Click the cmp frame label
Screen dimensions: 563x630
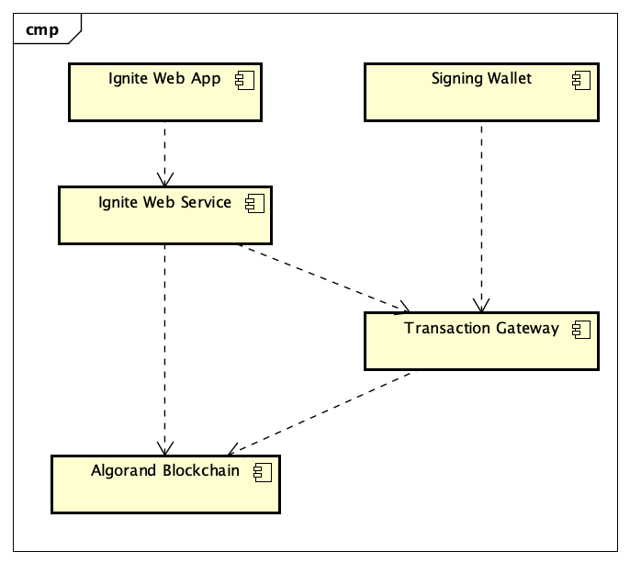click(42, 29)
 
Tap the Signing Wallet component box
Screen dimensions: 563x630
click(481, 92)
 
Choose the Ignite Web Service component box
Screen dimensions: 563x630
click(164, 215)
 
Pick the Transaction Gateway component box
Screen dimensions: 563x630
click(481, 341)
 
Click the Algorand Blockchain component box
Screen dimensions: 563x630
click(164, 483)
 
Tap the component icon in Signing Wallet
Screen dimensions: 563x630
click(579, 80)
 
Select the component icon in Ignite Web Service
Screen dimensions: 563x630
click(253, 203)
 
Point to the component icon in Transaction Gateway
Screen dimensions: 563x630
click(580, 329)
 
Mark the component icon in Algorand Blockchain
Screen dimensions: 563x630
click(263, 472)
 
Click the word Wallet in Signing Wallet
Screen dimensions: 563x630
click(509, 79)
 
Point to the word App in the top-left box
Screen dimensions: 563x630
click(206, 79)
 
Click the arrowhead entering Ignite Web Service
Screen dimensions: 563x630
click(164, 180)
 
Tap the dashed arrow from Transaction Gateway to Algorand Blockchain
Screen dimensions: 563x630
click(321, 411)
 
